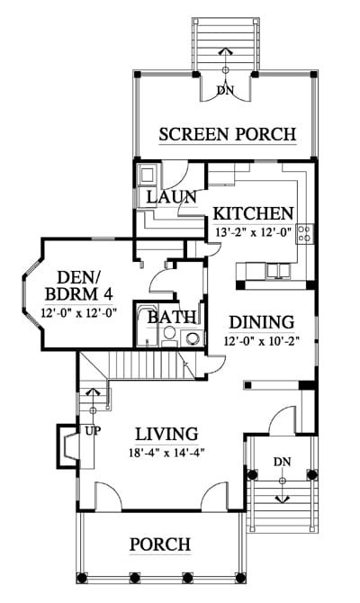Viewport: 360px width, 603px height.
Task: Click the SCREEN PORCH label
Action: [x=228, y=134]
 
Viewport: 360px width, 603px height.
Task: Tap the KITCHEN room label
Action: [x=254, y=213]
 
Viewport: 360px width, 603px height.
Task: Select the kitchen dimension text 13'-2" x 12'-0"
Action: [x=254, y=232]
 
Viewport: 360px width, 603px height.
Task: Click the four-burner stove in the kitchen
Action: [x=304, y=233]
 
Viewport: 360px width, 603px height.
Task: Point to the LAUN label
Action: [x=172, y=197]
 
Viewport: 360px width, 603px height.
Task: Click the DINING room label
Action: [x=262, y=322]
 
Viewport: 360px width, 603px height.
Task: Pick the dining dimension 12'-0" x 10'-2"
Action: [x=262, y=341]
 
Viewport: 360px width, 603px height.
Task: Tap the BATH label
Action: [x=172, y=318]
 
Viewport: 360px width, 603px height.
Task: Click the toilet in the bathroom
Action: [x=168, y=335]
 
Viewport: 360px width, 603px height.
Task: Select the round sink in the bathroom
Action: [x=193, y=337]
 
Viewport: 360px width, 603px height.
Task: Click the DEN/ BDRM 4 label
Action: [x=79, y=285]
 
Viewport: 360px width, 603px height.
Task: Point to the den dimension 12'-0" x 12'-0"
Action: [x=79, y=312]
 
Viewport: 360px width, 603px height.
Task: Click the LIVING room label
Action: [x=166, y=434]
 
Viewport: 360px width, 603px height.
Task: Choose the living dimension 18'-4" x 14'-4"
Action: [x=166, y=453]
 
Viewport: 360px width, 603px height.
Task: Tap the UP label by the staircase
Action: [x=93, y=431]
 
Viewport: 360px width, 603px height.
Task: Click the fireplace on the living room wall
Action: [x=68, y=446]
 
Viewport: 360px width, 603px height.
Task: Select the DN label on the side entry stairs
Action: [x=283, y=462]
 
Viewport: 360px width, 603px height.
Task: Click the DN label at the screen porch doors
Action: [x=225, y=90]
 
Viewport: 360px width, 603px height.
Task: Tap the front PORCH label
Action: [x=160, y=544]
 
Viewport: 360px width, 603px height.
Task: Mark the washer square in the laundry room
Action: [x=148, y=175]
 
